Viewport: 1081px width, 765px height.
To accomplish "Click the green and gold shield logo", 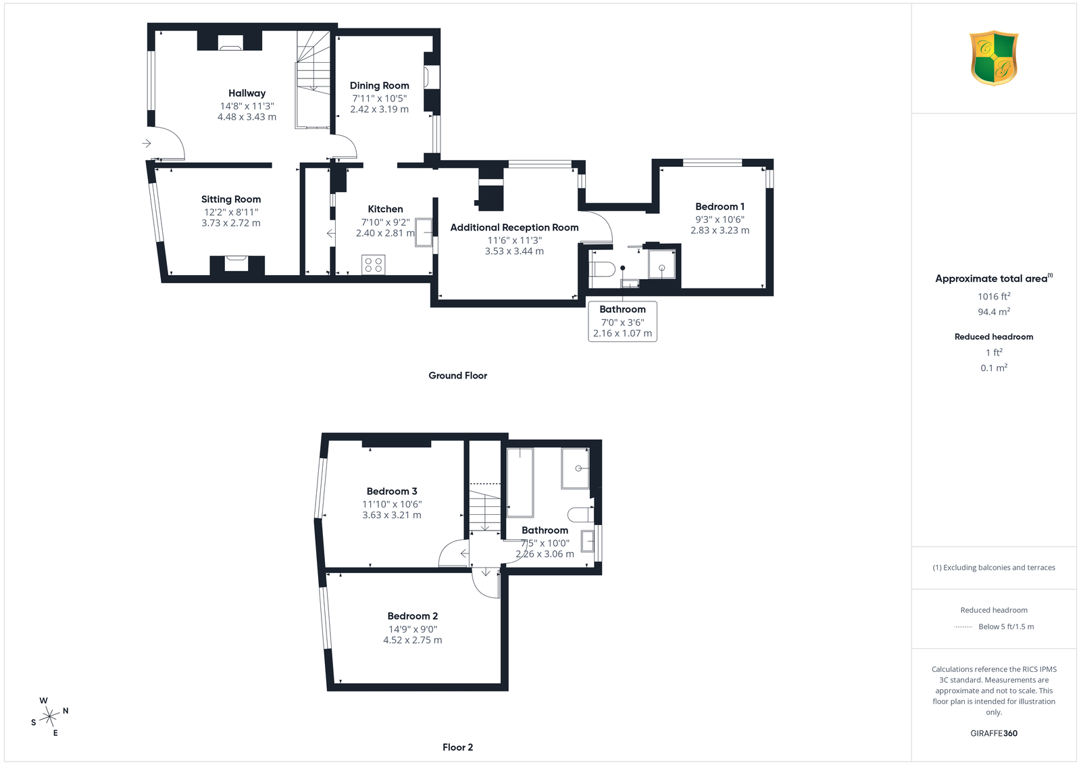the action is tap(994, 58).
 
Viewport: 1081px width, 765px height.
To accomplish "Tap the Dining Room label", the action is tap(379, 85).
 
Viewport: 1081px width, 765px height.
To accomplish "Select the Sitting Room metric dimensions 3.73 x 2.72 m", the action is tap(230, 223).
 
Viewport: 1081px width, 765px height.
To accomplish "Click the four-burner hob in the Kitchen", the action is tap(374, 265).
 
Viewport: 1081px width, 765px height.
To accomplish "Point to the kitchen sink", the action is tap(423, 232).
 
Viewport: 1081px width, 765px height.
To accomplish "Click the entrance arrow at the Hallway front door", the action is tap(147, 143).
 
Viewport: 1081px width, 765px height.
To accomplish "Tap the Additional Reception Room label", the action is tap(514, 227).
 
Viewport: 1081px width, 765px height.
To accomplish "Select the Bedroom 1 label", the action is tap(720, 207).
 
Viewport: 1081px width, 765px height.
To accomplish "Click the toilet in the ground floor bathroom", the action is tap(602, 270).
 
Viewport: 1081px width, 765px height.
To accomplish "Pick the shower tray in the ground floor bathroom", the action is tap(661, 264).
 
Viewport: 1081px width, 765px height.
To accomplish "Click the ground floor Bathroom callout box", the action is tap(622, 322).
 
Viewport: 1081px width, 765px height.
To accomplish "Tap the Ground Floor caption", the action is tap(458, 376).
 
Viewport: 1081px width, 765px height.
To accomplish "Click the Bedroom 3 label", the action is tap(392, 491).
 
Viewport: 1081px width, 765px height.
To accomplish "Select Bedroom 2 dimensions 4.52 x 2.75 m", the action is tap(413, 640).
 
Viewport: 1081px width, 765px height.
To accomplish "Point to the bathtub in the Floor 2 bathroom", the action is tap(520, 482).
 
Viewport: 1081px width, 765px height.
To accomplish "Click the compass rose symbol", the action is tap(50, 716).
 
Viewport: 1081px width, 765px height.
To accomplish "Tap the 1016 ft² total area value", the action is tap(994, 297).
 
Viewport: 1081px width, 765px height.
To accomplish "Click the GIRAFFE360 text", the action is tap(994, 733).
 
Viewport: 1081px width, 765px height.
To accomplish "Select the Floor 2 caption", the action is tap(458, 747).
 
